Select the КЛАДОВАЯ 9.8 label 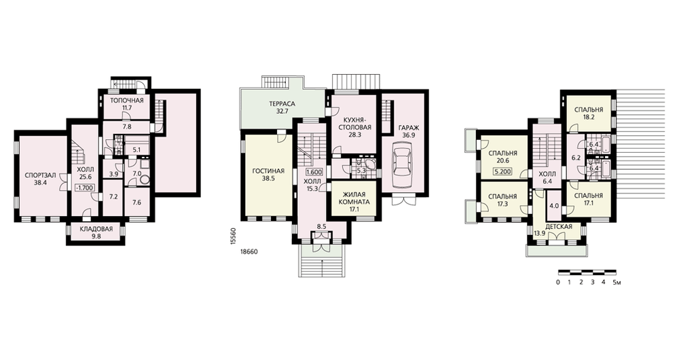pos(96,232)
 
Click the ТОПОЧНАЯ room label pos(126,101)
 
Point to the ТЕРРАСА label pos(282,104)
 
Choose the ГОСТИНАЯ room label pos(268,170)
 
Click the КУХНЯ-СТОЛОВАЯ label pos(354,124)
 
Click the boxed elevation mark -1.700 pos(84,187)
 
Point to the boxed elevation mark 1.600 pos(313,171)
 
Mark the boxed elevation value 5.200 pos(502,171)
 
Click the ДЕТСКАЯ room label pos(559,227)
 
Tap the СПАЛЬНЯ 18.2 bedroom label pos(589,113)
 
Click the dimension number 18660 pos(249,251)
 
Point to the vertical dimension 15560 pos(234,238)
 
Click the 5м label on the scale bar pos(617,283)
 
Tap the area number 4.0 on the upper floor pos(554,206)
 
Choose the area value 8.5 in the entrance pos(321,226)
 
